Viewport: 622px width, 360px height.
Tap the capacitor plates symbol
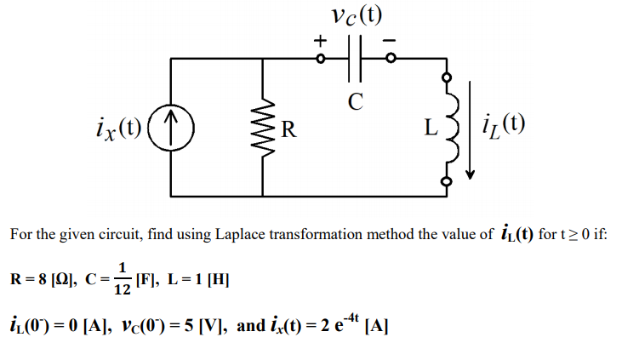(356, 60)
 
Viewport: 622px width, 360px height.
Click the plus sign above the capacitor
(320, 39)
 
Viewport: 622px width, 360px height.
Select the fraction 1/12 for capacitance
(123, 278)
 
